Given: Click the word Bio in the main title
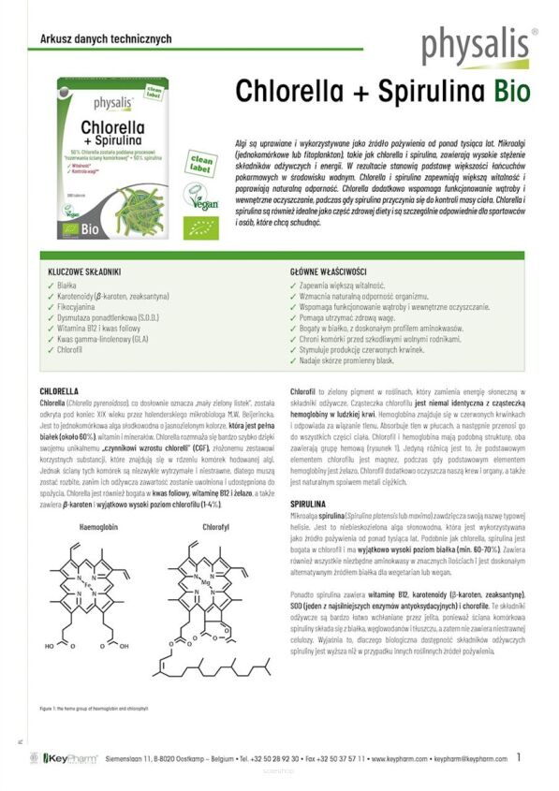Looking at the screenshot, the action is pyautogui.click(x=507, y=92).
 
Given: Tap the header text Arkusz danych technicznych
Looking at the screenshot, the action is pyautogui.click(x=100, y=38).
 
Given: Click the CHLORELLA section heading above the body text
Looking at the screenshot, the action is pyautogui.click(x=59, y=390).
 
